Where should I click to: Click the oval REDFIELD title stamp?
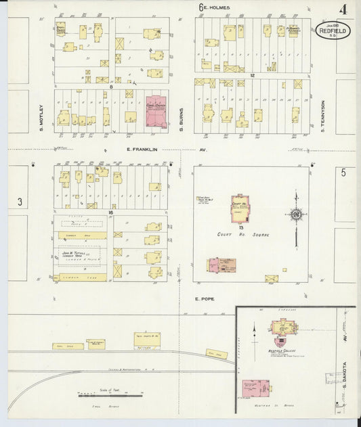point(333,30)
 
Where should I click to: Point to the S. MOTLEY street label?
point(41,114)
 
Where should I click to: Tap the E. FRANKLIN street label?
point(141,150)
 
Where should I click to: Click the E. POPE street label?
point(204,298)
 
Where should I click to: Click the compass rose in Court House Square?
point(296,215)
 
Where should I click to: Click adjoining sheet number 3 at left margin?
point(20,202)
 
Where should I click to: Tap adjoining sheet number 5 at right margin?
point(343,173)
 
